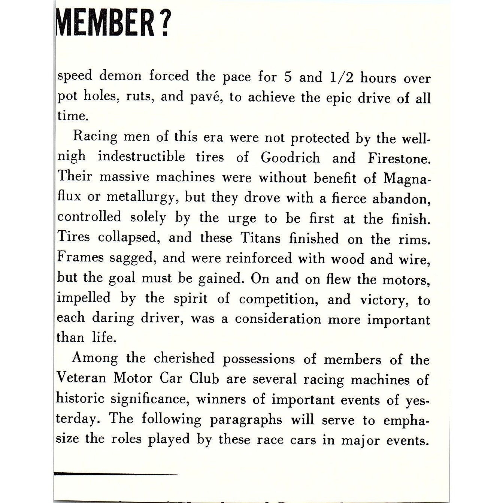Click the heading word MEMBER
(x=106, y=23)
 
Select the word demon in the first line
(x=121, y=76)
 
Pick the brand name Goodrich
(x=291, y=158)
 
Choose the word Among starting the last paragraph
(x=95, y=358)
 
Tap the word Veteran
(x=82, y=378)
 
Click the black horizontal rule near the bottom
(x=116, y=474)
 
